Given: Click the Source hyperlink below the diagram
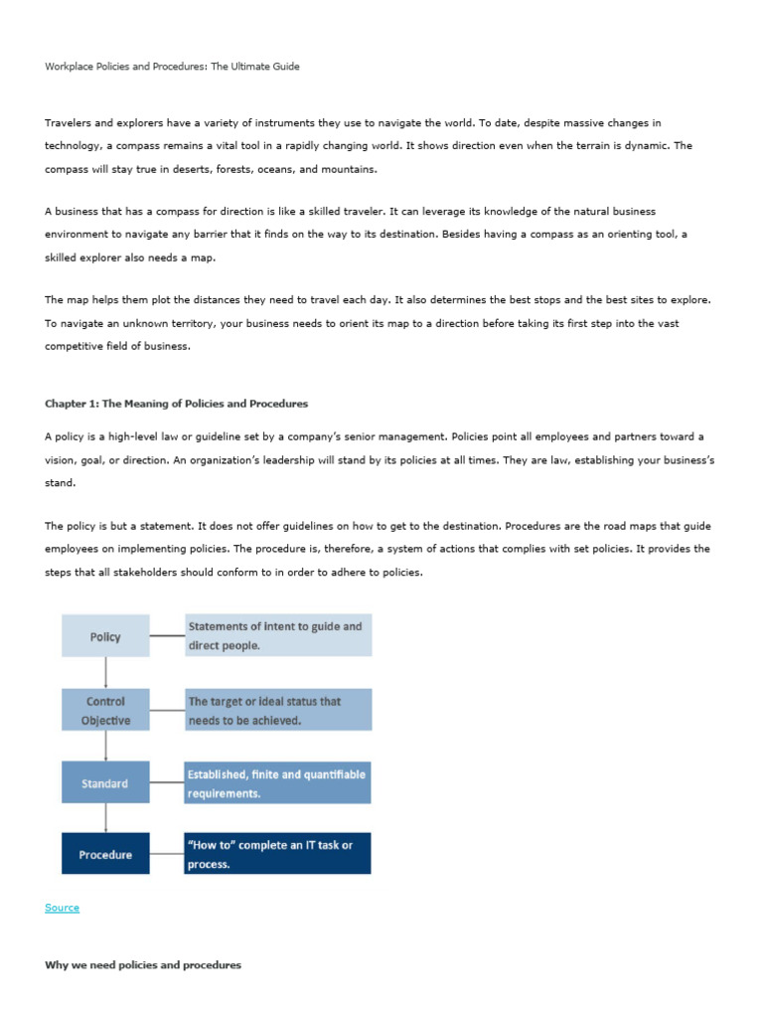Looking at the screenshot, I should coord(62,908).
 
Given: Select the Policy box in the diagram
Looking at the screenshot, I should coord(105,636).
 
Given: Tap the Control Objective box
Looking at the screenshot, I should coord(105,710).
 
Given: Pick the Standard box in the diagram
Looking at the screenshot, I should coord(105,783).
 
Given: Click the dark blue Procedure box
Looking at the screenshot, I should coord(105,854).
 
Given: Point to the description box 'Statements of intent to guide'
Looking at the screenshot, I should coord(278,635).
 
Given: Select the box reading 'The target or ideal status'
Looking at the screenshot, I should coord(278,710).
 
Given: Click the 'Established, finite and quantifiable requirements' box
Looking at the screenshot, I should coord(278,783).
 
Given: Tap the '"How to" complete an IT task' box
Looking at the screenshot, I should coord(278,854).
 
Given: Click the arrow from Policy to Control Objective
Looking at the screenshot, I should coord(105,672).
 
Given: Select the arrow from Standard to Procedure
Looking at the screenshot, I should coord(105,818).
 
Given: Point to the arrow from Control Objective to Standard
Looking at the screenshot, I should coord(105,746).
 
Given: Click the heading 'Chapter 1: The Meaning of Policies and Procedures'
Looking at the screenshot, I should coord(176,404).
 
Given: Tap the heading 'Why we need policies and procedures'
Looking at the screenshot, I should coord(143,965).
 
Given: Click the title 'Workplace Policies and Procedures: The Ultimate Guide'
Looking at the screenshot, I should coord(172,67).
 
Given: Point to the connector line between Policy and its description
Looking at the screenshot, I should coord(167,635).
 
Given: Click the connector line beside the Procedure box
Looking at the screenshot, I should coord(167,854).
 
